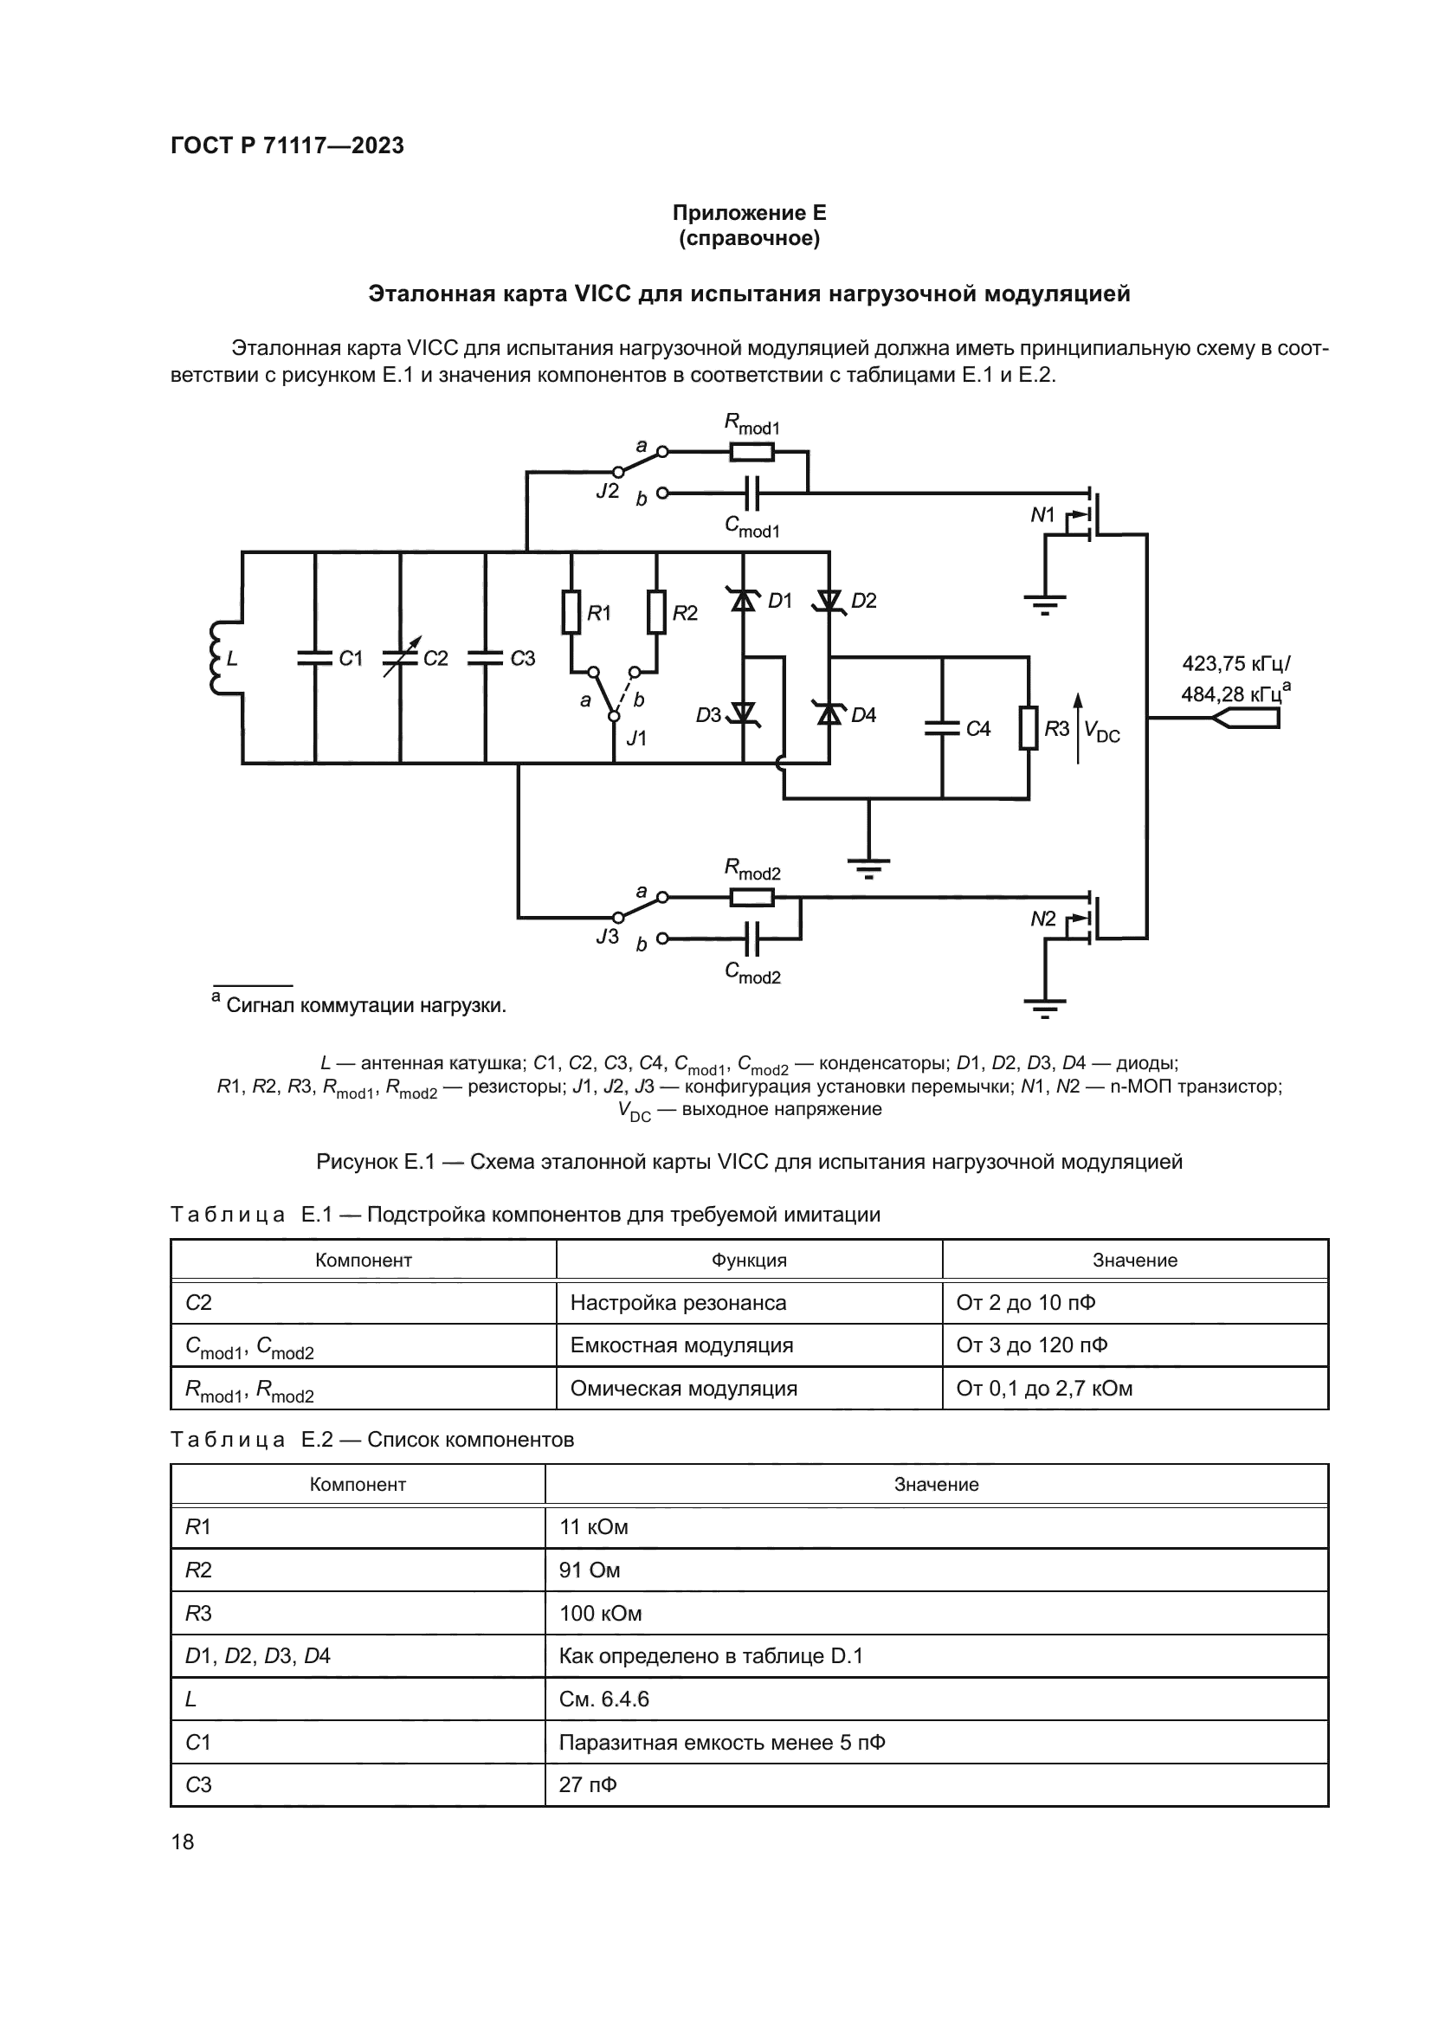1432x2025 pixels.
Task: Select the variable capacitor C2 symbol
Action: [400, 658]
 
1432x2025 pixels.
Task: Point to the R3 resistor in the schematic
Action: [1029, 727]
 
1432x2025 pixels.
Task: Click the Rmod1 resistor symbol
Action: [752, 453]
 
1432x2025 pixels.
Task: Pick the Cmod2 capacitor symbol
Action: [752, 938]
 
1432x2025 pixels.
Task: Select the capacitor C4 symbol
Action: [942, 728]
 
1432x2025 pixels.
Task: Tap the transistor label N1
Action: [1042, 515]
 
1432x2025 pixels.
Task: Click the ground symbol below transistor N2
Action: [1045, 1005]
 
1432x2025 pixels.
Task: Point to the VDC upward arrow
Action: [1078, 727]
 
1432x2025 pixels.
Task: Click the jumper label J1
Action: [635, 738]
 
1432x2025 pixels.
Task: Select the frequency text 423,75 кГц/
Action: [1235, 664]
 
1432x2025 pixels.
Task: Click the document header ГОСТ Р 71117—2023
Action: [287, 145]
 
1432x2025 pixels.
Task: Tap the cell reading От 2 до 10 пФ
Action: [1025, 1303]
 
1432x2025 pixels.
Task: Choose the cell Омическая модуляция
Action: [683, 1388]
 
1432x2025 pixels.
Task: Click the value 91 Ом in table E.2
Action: [590, 1570]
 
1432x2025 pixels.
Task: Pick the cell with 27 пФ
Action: [588, 1784]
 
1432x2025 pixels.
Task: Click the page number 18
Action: [183, 1841]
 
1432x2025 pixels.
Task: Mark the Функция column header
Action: [749, 1261]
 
